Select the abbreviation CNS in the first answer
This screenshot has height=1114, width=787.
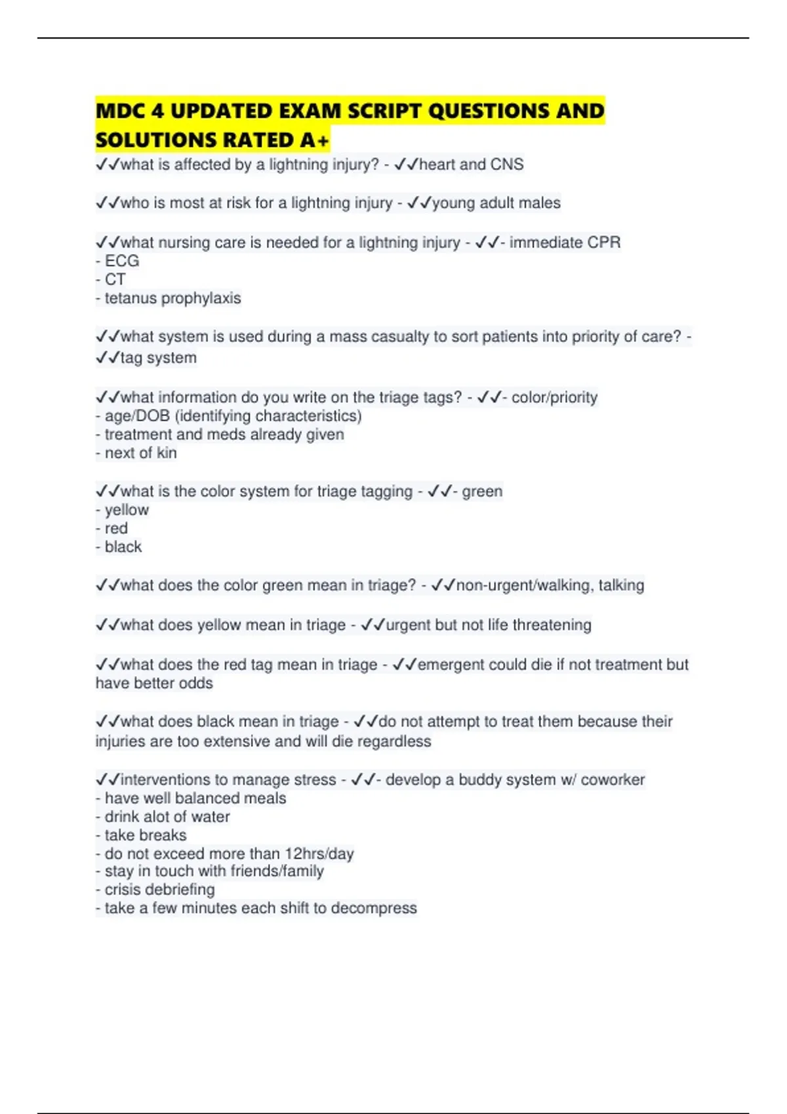[507, 164]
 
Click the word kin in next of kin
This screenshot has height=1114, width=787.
[167, 453]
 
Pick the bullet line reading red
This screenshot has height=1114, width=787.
[116, 529]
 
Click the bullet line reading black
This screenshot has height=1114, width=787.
[123, 547]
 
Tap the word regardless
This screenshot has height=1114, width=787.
[399, 742]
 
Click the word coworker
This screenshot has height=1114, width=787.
[613, 780]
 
